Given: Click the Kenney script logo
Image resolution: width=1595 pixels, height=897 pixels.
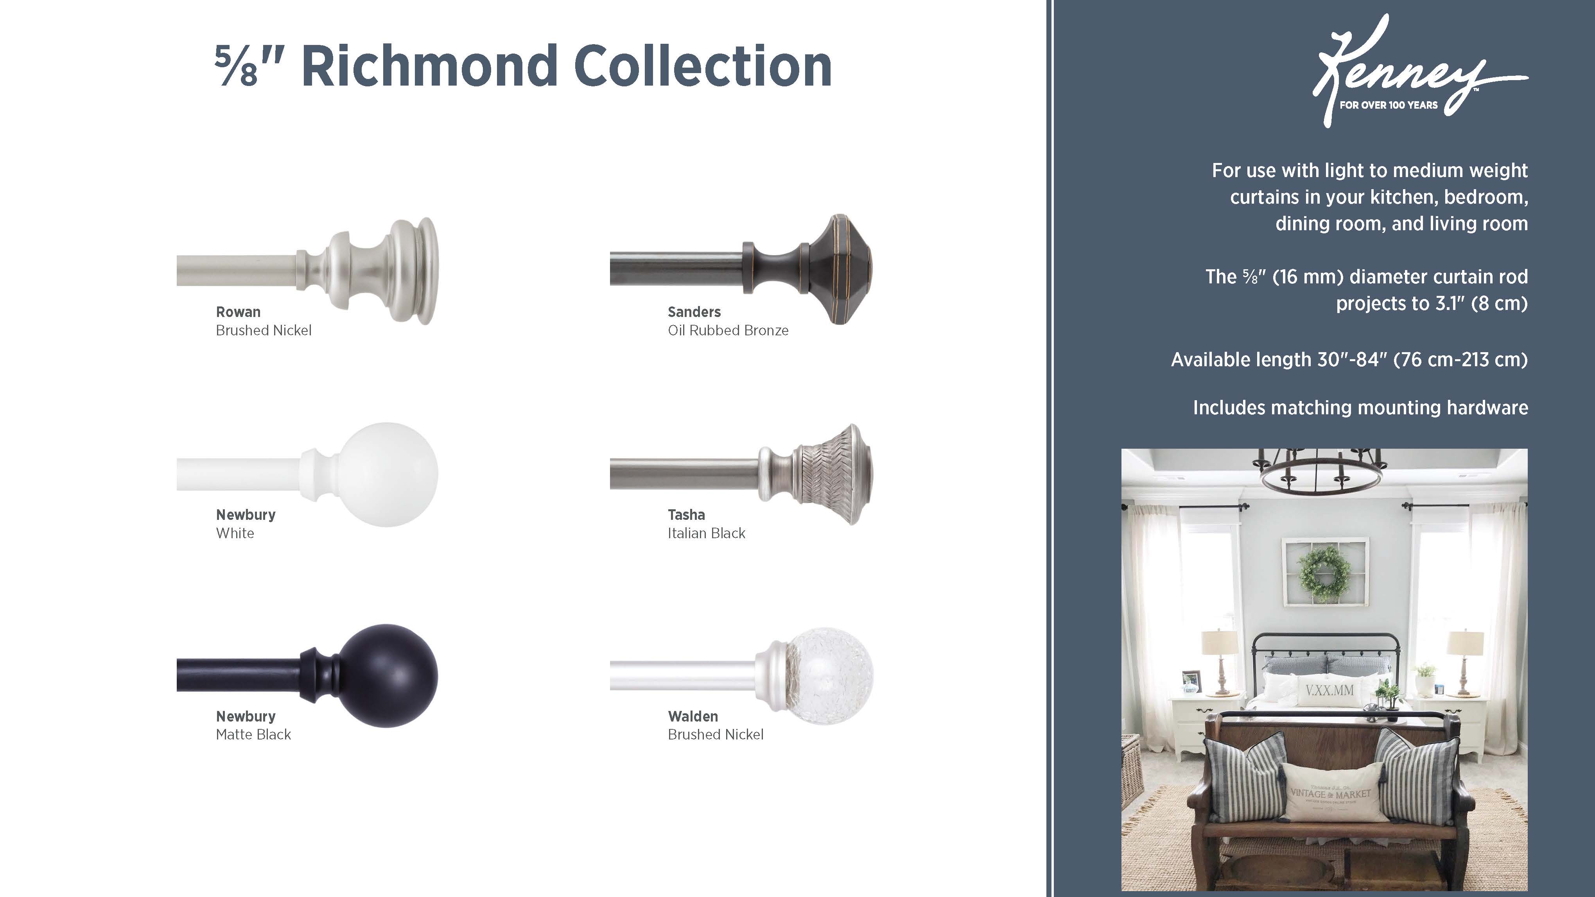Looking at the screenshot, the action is [x=1418, y=71].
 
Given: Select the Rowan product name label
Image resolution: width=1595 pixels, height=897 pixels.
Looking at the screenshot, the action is [x=238, y=312].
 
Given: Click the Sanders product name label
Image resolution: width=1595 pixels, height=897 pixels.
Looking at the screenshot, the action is [x=694, y=312].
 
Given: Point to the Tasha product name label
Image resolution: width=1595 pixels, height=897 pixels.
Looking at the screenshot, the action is [x=686, y=514].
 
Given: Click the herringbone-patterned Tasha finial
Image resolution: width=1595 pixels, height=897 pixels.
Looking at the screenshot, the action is [x=830, y=474].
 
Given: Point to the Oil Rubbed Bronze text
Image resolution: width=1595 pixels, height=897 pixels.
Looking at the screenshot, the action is [x=728, y=331].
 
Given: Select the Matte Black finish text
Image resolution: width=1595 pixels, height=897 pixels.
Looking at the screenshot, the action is [x=253, y=735].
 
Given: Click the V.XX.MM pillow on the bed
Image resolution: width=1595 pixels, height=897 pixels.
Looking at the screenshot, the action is [x=1329, y=690].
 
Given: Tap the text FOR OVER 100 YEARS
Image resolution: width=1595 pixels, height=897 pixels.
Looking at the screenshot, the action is [x=1388, y=105].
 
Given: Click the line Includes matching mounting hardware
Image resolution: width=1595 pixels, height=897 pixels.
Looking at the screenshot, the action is [x=1360, y=407].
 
